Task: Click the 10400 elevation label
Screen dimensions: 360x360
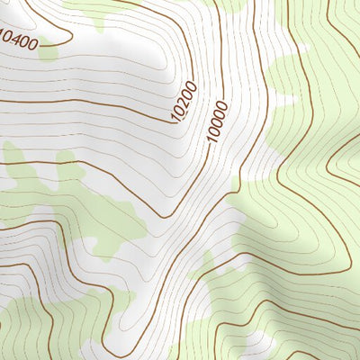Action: coord(20,40)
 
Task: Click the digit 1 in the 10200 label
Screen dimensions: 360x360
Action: coord(175,117)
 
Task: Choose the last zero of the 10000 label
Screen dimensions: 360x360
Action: coord(223,105)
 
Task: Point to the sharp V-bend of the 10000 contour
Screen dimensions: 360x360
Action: coord(163,217)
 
